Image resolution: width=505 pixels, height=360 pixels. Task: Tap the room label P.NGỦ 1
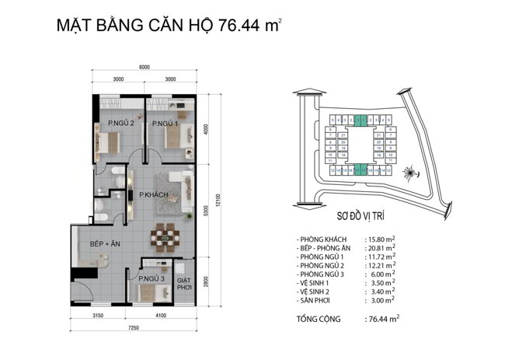pos(165,123)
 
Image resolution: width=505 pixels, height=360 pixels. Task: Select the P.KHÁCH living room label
pos(154,195)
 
